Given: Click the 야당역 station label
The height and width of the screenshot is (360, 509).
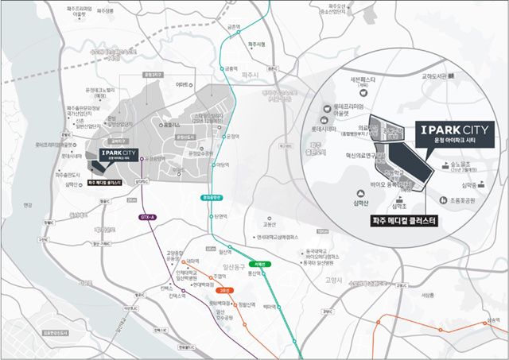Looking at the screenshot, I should (x=222, y=165).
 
